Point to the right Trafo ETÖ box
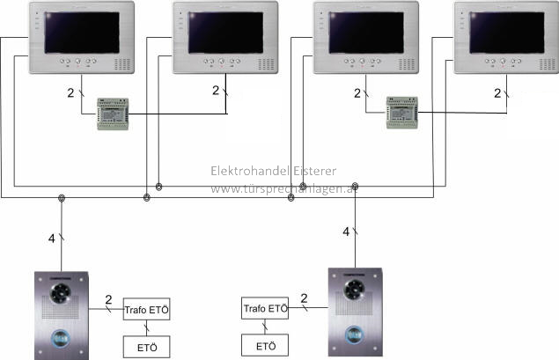[265, 309]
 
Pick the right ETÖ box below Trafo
[265, 345]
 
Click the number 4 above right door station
[345, 231]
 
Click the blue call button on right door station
[354, 334]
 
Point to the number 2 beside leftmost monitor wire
[71, 93]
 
